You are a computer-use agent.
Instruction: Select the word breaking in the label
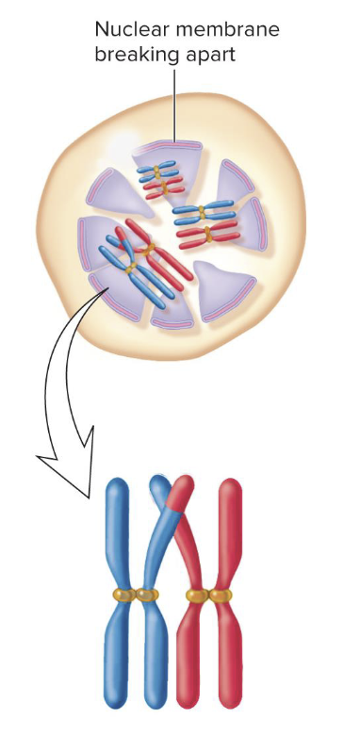tap(133, 56)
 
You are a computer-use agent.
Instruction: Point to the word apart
tap(209, 56)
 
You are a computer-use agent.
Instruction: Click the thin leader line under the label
tap(174, 104)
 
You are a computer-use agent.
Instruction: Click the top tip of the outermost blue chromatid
tap(118, 482)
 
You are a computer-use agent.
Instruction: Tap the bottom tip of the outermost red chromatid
tap(231, 702)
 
